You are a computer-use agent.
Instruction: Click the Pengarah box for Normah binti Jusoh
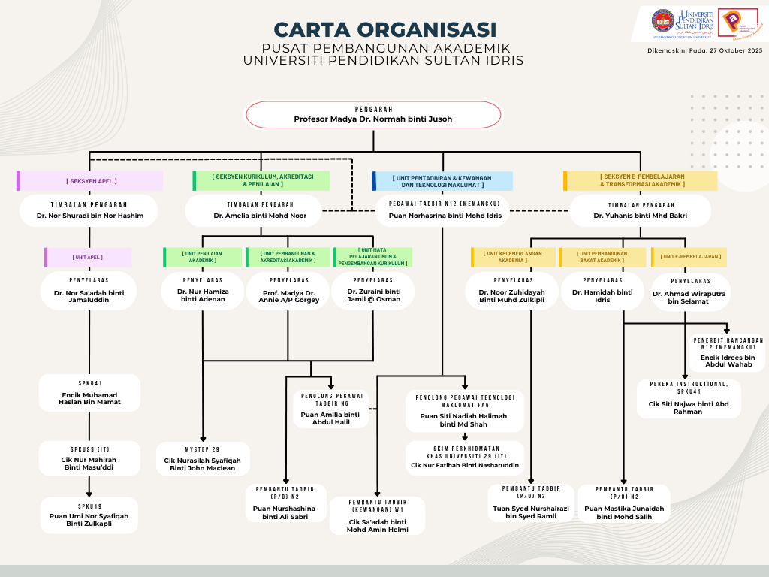373,115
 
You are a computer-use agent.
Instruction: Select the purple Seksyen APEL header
90,181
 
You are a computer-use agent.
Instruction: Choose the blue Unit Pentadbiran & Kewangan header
443,181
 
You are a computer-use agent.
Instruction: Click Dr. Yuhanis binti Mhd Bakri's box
640,211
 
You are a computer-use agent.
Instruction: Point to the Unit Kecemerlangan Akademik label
513,257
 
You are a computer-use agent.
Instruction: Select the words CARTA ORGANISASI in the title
384,29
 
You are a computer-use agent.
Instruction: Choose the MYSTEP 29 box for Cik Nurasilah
203,458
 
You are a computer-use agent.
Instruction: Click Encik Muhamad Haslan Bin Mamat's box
89,393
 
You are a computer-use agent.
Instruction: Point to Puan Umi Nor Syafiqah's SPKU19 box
89,515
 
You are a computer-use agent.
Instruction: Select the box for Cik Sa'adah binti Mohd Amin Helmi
377,515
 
